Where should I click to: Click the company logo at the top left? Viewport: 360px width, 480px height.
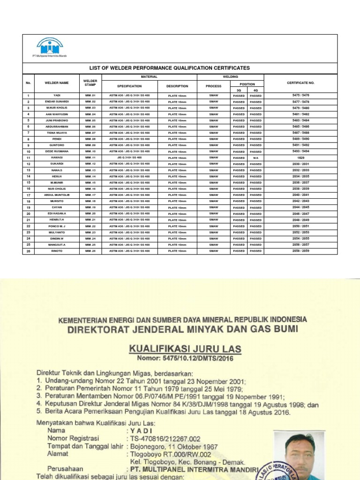(50, 48)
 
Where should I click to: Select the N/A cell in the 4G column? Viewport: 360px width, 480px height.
(256, 158)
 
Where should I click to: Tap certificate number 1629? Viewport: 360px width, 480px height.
(300, 158)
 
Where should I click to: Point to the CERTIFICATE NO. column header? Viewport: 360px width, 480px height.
(300, 83)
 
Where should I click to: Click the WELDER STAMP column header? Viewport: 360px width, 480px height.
(90, 83)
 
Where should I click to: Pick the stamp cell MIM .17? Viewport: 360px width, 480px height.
(90, 195)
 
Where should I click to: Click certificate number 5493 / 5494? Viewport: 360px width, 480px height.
(300, 151)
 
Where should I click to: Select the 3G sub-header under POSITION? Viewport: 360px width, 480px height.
(239, 90)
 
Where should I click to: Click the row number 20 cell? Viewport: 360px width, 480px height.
(29, 214)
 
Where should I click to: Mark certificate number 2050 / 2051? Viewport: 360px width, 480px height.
(300, 226)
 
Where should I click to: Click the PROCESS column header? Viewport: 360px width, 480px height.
(213, 86)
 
